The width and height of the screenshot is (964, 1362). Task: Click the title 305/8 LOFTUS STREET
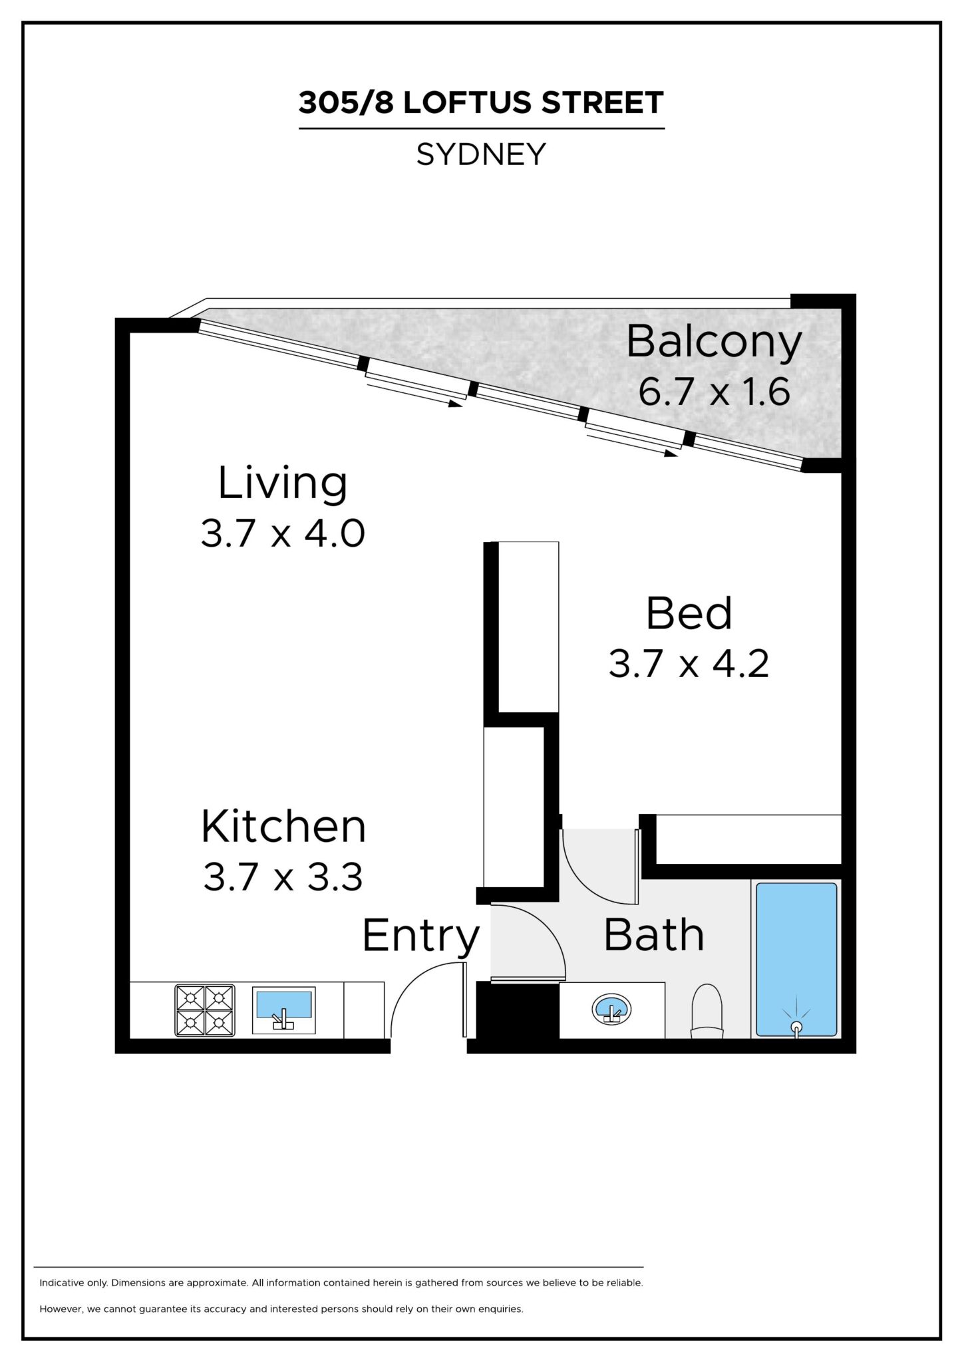pyautogui.click(x=481, y=102)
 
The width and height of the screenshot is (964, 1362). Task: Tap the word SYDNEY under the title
pyautogui.click(x=481, y=154)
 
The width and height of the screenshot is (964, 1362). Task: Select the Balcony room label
pyautogui.click(x=714, y=342)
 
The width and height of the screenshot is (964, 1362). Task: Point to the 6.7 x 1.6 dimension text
pyautogui.click(x=714, y=391)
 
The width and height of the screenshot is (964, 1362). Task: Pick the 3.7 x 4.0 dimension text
pyautogui.click(x=283, y=533)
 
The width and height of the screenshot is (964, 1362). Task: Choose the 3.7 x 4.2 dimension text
pyautogui.click(x=689, y=664)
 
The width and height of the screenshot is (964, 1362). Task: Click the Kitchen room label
pyautogui.click(x=283, y=827)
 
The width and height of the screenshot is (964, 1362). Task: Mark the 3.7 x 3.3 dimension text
pyautogui.click(x=283, y=877)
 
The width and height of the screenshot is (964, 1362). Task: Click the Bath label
pyautogui.click(x=654, y=934)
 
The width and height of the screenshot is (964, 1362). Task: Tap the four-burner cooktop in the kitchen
pyautogui.click(x=205, y=1010)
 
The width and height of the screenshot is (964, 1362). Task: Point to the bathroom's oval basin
pyautogui.click(x=611, y=1009)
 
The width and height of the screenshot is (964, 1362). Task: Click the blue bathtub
pyautogui.click(x=796, y=959)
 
